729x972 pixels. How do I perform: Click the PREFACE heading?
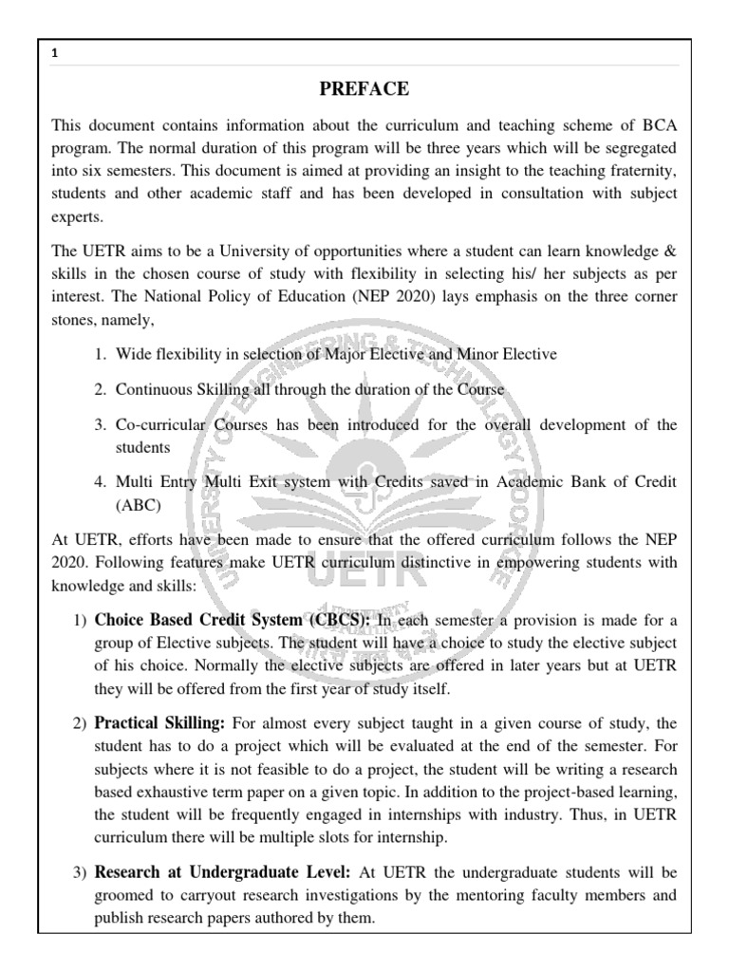(364, 89)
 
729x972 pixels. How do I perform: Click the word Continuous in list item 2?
(154, 390)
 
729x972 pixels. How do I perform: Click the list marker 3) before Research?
(80, 872)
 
